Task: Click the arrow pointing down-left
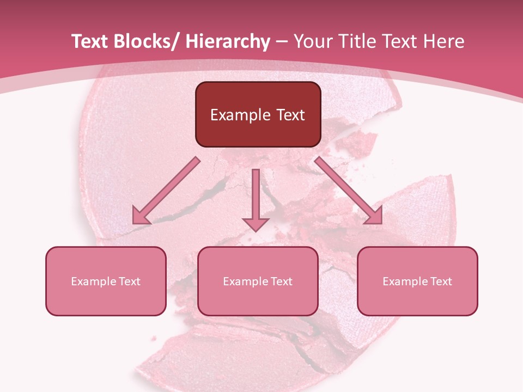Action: pos(167,191)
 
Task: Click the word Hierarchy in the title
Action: pos(228,41)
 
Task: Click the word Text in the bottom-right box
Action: pos(441,281)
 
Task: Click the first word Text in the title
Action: pos(90,41)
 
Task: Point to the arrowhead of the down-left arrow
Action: pos(140,217)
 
